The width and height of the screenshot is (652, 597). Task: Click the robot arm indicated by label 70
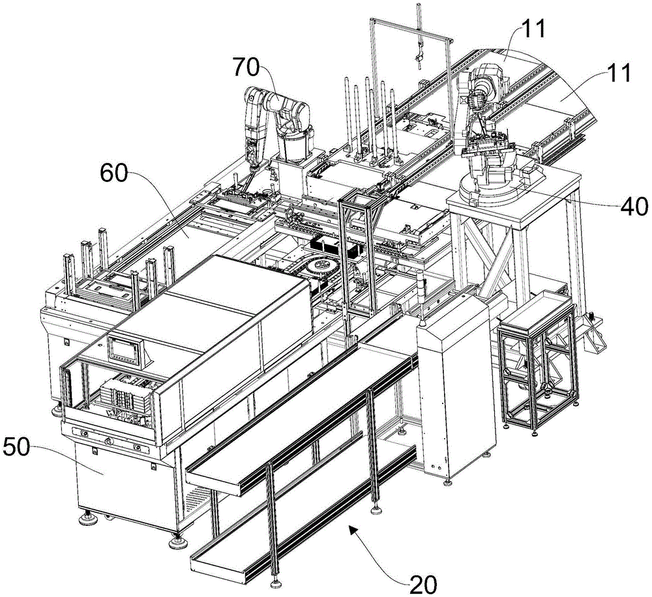click(280, 124)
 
